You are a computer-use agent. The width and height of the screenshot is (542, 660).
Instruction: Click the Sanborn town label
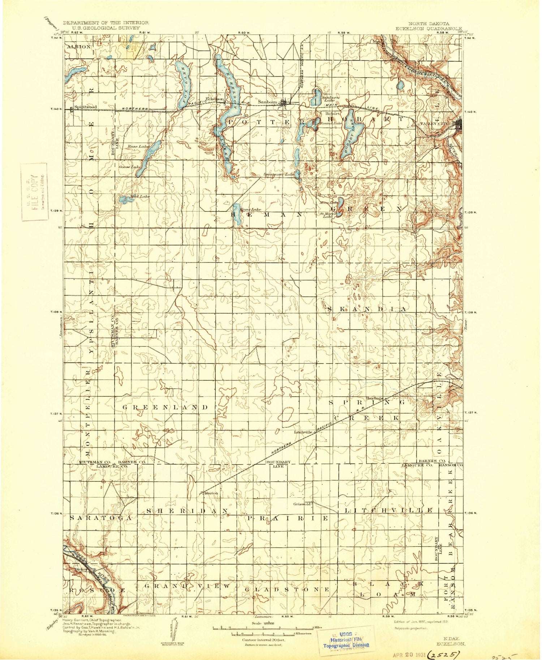(267, 102)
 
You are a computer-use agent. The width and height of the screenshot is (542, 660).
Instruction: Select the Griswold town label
(302, 504)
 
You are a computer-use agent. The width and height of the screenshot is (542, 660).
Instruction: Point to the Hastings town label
(374, 398)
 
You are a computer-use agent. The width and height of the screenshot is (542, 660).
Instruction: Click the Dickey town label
(79, 570)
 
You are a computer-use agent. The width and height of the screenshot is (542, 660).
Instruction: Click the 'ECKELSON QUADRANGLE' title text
(429, 28)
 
